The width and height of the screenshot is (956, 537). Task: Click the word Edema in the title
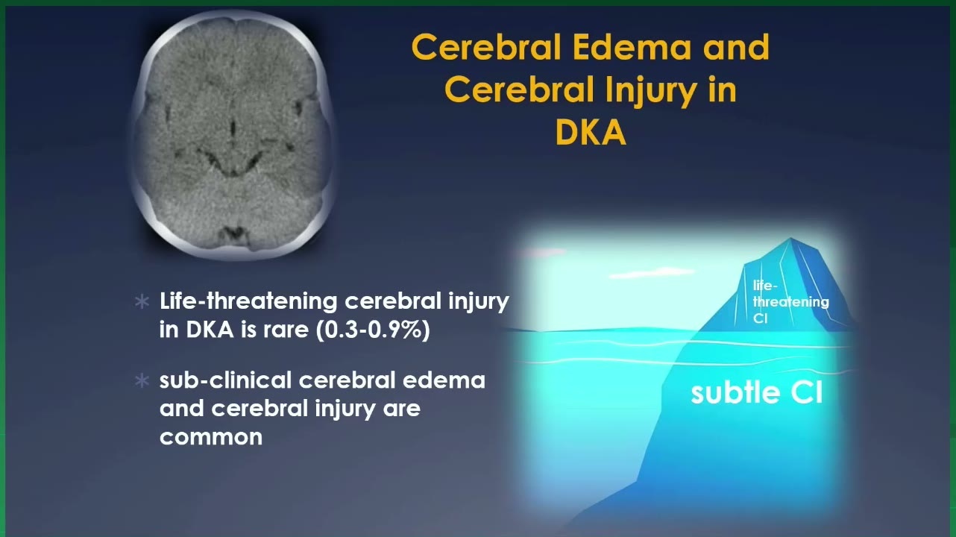coord(631,47)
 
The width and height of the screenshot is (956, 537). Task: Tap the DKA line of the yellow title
coord(591,132)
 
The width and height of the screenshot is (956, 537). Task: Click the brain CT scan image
coord(233,134)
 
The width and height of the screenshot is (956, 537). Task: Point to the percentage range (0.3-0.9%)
coord(373,330)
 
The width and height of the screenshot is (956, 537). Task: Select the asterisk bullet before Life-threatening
coord(142,302)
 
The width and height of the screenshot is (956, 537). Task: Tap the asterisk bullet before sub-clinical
coord(142,381)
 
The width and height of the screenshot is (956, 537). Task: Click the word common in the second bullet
coord(211,437)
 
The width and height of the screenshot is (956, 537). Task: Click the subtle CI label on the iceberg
coord(756,392)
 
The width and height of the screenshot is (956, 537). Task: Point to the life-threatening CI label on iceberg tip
coord(790,302)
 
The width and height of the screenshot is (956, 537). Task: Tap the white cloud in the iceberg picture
coord(652,272)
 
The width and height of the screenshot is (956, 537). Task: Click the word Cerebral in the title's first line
coord(485,47)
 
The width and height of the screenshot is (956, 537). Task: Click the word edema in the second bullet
coord(444,380)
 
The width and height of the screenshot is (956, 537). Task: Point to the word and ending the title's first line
coord(736,47)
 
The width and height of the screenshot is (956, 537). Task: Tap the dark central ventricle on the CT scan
coord(233,128)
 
